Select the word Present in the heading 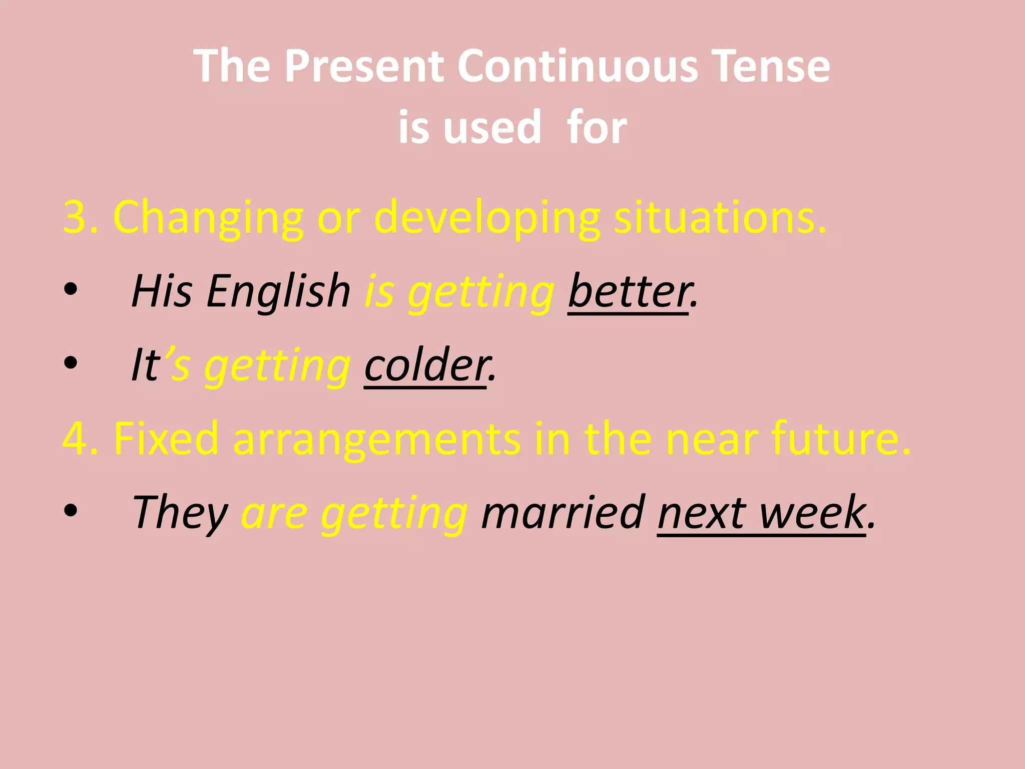(x=364, y=66)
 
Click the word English (x=278, y=291)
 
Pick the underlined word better (x=629, y=291)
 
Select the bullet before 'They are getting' (x=71, y=510)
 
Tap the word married (x=563, y=512)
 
